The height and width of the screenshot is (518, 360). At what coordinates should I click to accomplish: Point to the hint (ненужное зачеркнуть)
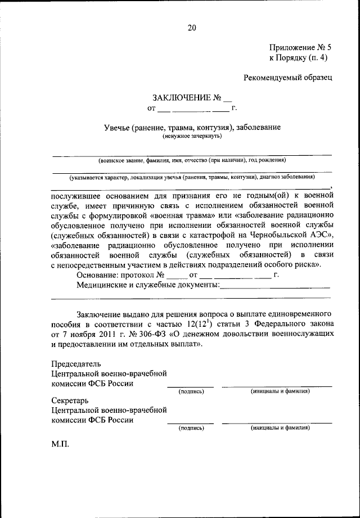(192, 136)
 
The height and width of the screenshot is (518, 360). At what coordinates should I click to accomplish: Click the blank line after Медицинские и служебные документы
(275, 286)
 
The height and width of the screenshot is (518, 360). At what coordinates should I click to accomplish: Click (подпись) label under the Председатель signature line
(191, 391)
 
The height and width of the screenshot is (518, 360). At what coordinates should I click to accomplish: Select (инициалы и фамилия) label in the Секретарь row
(280, 427)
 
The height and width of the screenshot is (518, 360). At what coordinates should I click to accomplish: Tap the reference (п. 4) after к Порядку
(317, 57)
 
